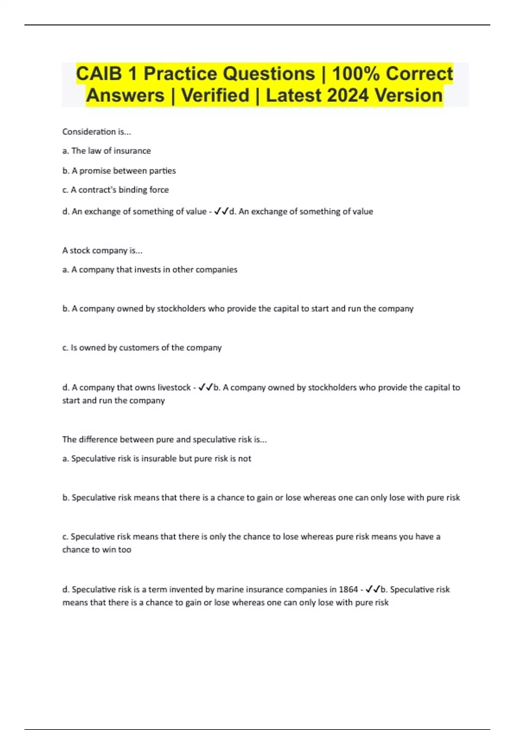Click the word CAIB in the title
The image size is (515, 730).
click(x=99, y=73)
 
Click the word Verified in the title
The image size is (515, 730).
click(x=215, y=95)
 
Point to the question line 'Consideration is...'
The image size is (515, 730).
click(x=97, y=132)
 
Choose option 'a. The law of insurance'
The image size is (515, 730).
click(x=106, y=151)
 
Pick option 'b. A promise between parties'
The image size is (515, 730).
click(x=119, y=170)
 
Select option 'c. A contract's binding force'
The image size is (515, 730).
click(x=115, y=190)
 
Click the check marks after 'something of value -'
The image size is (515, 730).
click(x=221, y=211)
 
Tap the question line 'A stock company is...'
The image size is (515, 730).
click(x=102, y=250)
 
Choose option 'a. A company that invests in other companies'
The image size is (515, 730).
click(x=150, y=270)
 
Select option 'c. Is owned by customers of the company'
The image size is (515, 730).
click(x=142, y=347)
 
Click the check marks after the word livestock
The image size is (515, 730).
click(x=206, y=387)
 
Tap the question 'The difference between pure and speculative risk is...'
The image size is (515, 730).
click(x=164, y=439)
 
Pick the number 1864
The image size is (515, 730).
click(x=348, y=590)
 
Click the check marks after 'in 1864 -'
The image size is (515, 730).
click(x=373, y=590)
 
